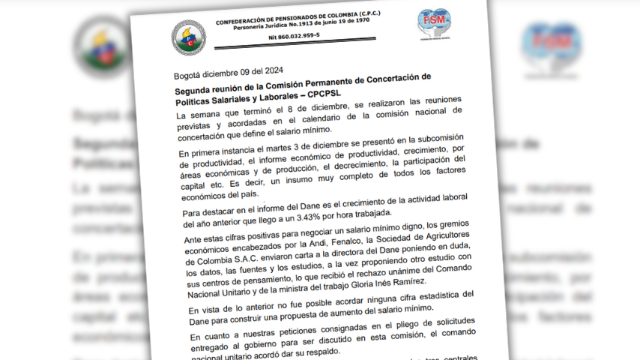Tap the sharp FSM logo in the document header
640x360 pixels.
435,25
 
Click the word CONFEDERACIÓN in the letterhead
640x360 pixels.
244,22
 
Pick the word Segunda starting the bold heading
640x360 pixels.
196,87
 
